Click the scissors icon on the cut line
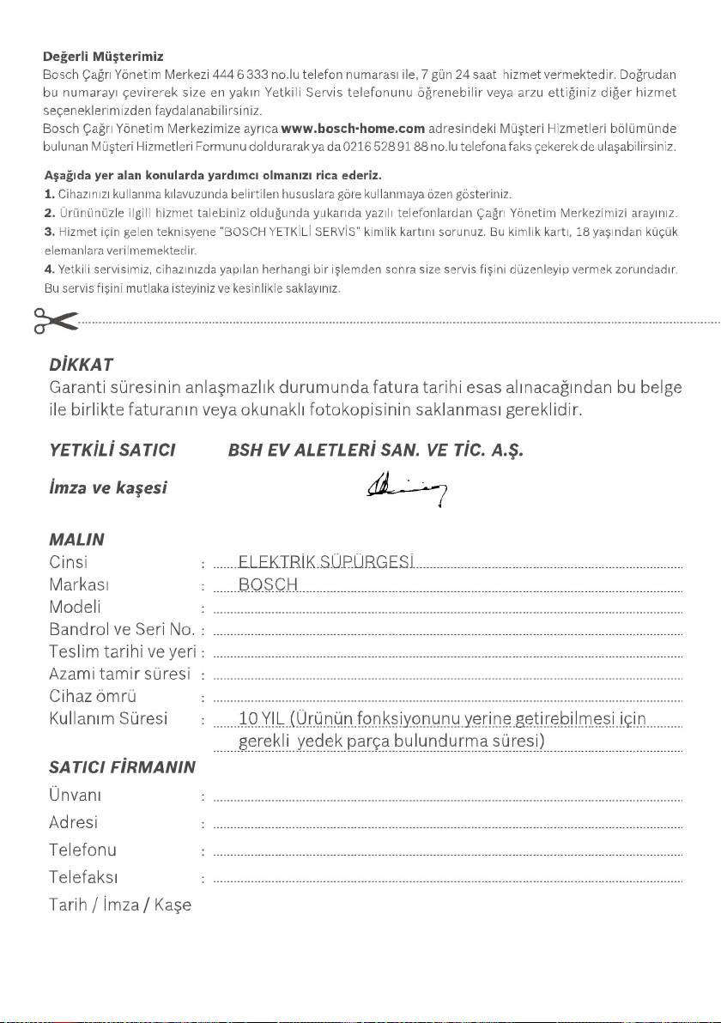[54, 320]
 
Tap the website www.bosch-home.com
[354, 130]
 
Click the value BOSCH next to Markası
[268, 585]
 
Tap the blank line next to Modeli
[446, 610]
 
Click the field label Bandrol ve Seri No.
[121, 631]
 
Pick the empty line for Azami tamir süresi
[446, 676]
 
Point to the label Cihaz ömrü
[94, 695]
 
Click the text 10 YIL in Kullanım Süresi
[261, 717]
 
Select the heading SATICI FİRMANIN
[122, 766]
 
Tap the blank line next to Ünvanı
[446, 798]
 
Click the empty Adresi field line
[446, 826]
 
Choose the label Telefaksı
[83, 877]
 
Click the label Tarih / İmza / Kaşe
[120, 905]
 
